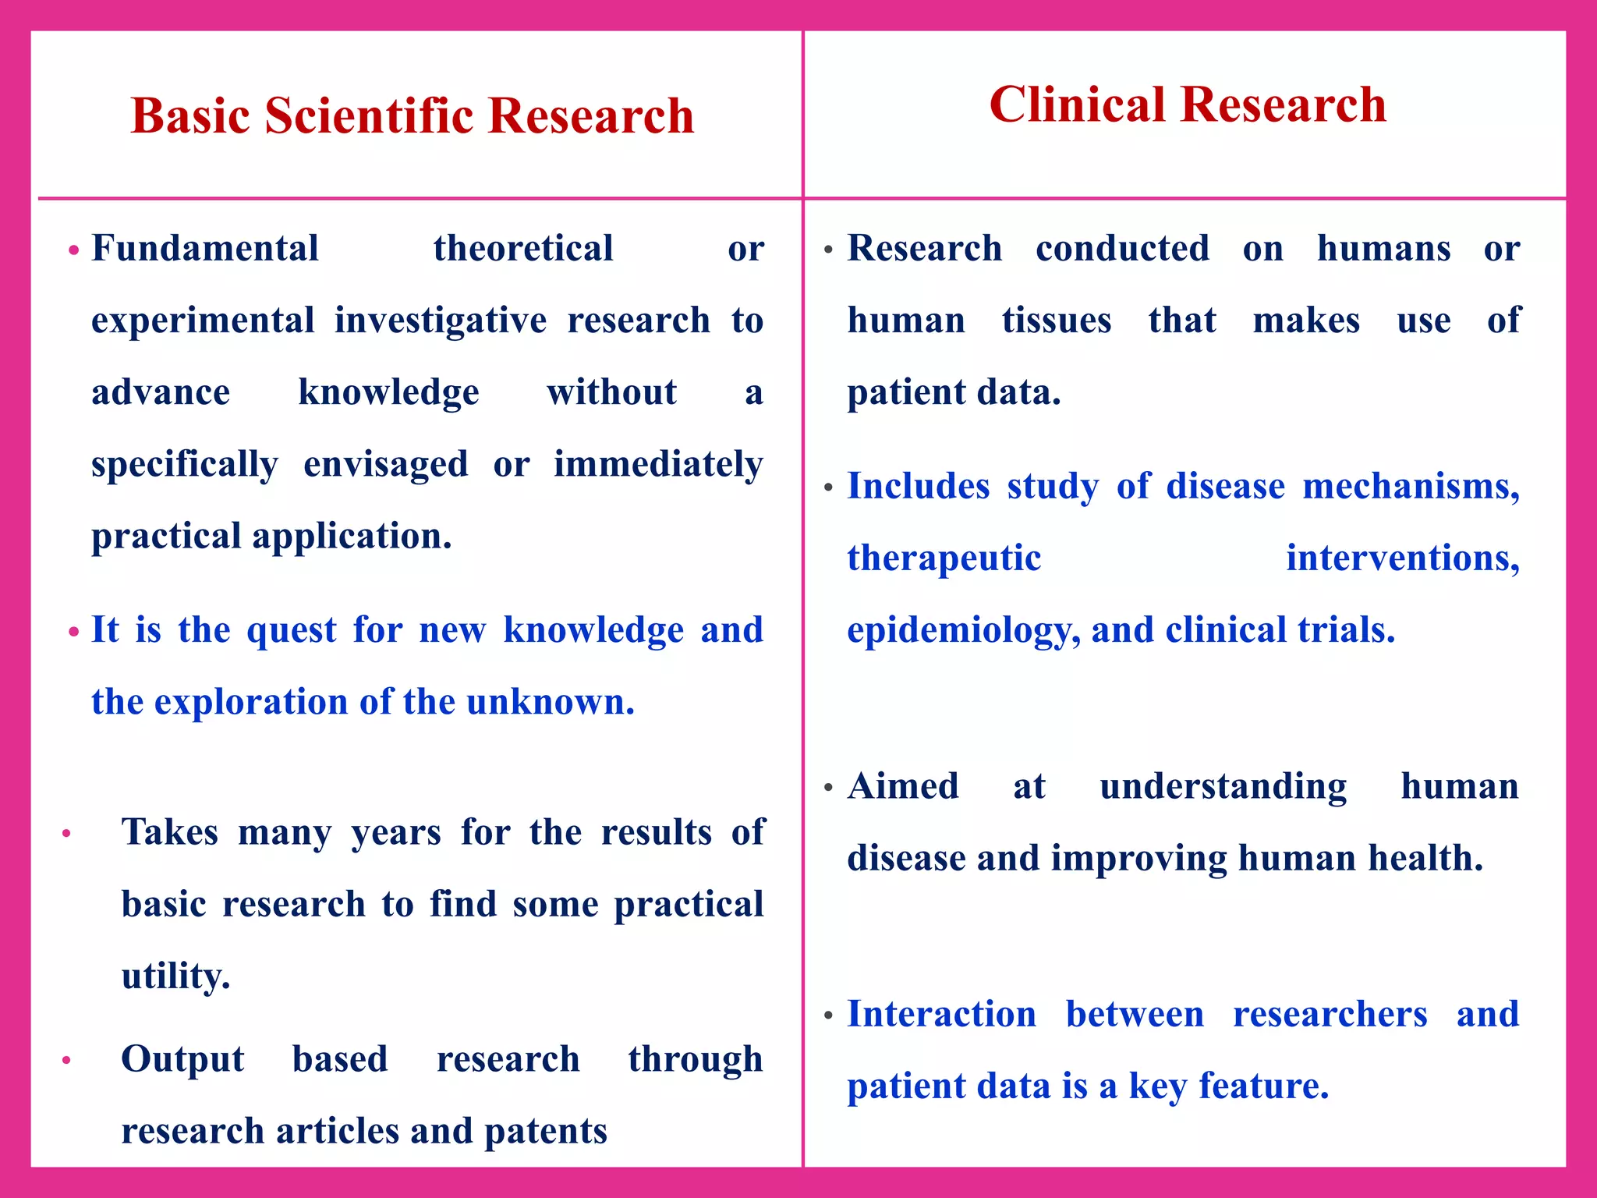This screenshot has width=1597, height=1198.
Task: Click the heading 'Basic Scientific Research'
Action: [412, 116]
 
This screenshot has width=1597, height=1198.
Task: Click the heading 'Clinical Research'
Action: [1187, 105]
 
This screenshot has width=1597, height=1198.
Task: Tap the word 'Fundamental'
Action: [205, 249]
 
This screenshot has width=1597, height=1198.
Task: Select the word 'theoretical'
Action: [523, 249]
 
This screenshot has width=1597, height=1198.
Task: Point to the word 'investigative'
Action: [441, 321]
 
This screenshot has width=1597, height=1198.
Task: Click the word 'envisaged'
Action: [385, 465]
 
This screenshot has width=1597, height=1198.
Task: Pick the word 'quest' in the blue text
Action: [292, 629]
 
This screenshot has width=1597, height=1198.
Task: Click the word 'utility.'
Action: [176, 976]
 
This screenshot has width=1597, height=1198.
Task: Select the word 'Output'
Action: [182, 1059]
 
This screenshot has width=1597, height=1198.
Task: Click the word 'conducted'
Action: [1122, 249]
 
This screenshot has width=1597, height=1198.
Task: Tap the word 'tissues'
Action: [1057, 321]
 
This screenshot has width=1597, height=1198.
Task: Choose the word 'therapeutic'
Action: [944, 558]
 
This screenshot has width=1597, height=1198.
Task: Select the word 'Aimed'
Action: [903, 786]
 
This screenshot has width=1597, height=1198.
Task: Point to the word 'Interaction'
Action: [941, 1014]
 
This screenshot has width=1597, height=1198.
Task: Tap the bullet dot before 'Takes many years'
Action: [67, 833]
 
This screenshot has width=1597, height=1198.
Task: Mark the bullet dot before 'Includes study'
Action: [828, 488]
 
